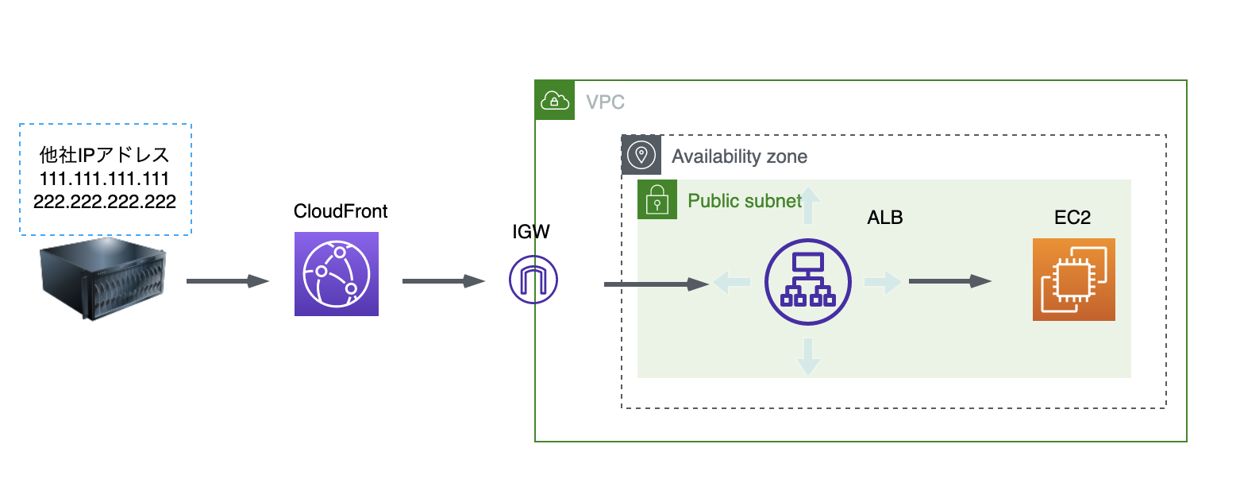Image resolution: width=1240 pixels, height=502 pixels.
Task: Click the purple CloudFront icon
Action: pyautogui.click(x=337, y=274)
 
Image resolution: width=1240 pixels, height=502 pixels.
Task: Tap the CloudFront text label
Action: pyautogui.click(x=341, y=211)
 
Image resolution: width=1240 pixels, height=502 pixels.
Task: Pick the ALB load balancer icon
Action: pyautogui.click(x=808, y=282)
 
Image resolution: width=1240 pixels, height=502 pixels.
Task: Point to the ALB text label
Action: pyautogui.click(x=885, y=218)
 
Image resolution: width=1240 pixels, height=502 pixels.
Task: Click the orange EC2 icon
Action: pyautogui.click(x=1073, y=280)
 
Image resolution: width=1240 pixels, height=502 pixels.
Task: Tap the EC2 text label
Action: pyautogui.click(x=1072, y=218)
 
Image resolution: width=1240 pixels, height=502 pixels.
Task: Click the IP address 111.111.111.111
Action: pyautogui.click(x=105, y=177)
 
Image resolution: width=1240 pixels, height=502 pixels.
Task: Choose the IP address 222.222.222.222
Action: pyautogui.click(x=105, y=201)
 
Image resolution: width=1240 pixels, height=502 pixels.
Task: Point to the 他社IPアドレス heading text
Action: pyautogui.click(x=105, y=153)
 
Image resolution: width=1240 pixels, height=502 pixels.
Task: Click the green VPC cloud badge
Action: pyautogui.click(x=555, y=100)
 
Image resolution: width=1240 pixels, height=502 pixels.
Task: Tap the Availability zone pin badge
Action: pyautogui.click(x=641, y=154)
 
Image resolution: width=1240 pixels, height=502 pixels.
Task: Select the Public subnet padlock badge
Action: pyautogui.click(x=657, y=199)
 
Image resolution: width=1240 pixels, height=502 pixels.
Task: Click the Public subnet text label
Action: pyautogui.click(x=745, y=200)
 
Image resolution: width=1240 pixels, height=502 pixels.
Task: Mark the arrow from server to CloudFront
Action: pyautogui.click(x=228, y=281)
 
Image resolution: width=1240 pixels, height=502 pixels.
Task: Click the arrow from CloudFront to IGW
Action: pyautogui.click(x=444, y=281)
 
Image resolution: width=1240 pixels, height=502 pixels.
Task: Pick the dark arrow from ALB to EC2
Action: pyautogui.click(x=949, y=281)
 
